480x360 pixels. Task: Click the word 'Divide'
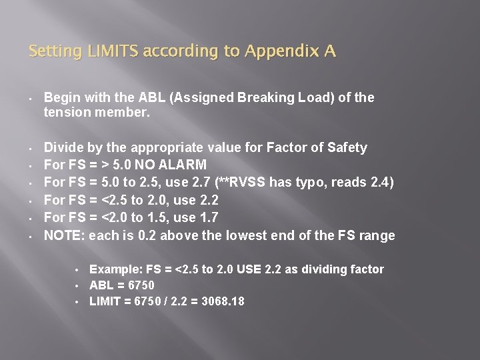pyautogui.click(x=63, y=147)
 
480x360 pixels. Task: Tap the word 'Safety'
pyautogui.click(x=347, y=147)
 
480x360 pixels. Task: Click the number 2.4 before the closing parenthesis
pyautogui.click(x=382, y=182)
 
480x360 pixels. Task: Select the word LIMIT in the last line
pyautogui.click(x=105, y=301)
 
